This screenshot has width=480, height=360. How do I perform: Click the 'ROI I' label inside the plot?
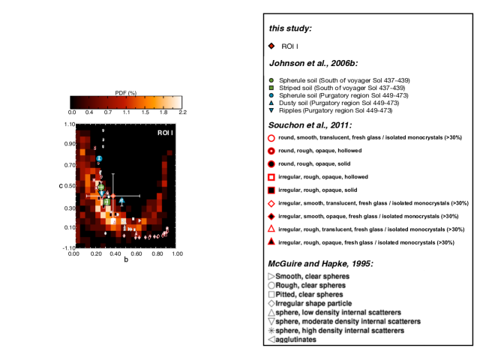(x=166, y=133)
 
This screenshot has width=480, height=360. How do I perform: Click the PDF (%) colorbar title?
(x=124, y=93)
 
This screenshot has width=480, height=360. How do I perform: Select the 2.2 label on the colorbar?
(x=181, y=112)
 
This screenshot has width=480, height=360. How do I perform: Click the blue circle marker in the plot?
(x=98, y=160)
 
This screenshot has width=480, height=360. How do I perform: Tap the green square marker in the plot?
(x=107, y=202)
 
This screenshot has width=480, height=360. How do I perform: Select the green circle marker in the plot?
(x=100, y=187)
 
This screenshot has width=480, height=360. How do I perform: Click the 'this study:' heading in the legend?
(x=291, y=28)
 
